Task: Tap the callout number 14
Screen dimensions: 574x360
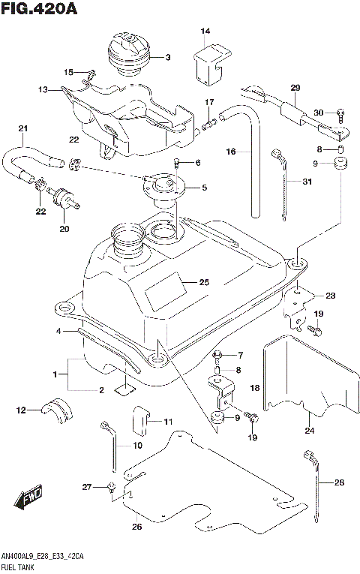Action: (205, 31)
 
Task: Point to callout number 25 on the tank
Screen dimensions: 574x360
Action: (204, 283)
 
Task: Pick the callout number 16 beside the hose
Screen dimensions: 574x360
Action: (232, 152)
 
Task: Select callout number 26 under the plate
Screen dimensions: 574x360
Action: (136, 526)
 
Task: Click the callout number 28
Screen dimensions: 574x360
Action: (339, 482)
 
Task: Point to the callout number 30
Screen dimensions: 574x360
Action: (318, 113)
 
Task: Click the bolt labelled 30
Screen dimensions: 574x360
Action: (340, 114)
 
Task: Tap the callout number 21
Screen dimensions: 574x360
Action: (22, 128)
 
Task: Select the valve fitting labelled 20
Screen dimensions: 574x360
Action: (62, 199)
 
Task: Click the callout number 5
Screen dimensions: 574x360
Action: (204, 188)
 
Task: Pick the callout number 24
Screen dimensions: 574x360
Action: (309, 430)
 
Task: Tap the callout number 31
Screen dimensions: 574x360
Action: (307, 182)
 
